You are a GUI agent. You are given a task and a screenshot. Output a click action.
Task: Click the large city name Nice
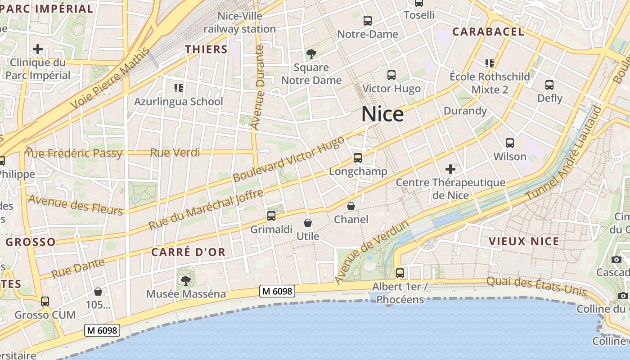(x=382, y=114)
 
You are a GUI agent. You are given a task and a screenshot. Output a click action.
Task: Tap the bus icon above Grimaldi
(x=271, y=216)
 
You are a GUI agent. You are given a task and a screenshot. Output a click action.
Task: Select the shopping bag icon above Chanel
(x=351, y=206)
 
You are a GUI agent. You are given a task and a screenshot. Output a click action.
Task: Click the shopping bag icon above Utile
(x=308, y=223)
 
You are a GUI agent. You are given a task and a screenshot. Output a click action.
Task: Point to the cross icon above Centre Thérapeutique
(x=450, y=169)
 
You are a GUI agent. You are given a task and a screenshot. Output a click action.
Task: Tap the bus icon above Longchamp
(x=358, y=158)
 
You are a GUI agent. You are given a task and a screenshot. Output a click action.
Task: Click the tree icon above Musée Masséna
(x=185, y=281)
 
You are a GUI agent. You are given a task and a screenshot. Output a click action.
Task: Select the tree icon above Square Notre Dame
(x=311, y=54)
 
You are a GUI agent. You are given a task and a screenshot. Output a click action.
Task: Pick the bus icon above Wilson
(x=509, y=143)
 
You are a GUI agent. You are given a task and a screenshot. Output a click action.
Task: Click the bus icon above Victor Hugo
(x=391, y=75)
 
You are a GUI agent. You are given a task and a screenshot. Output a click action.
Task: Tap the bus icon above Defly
(x=549, y=85)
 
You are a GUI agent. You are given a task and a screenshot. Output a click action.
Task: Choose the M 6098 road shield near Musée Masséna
(x=277, y=291)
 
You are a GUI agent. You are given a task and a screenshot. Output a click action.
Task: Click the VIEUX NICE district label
(x=524, y=241)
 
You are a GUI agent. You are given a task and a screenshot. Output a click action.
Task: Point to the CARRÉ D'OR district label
(x=188, y=252)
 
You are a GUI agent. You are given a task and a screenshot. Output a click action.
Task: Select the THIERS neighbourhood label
(x=206, y=49)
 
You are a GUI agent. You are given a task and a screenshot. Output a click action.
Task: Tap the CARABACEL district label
(x=488, y=31)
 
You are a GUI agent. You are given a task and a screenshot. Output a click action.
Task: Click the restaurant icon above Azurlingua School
(x=178, y=88)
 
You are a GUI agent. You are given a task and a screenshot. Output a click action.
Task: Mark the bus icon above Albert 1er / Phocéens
(x=400, y=273)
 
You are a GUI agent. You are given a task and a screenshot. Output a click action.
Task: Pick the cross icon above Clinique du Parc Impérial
(x=38, y=49)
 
